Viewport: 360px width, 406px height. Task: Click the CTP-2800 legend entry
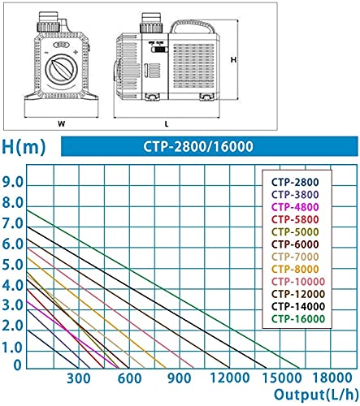tap(295, 182)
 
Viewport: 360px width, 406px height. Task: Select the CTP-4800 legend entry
tap(295, 207)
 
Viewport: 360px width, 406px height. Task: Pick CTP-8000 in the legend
tap(295, 270)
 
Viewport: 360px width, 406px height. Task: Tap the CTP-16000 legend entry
tap(298, 319)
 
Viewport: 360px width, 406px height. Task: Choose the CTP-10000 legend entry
tap(298, 282)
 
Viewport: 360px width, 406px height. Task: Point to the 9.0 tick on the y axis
tap(13, 183)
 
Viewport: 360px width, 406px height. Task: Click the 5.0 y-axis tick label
tap(13, 266)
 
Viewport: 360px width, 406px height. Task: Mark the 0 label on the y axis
tap(17, 365)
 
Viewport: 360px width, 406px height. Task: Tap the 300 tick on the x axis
tap(79, 378)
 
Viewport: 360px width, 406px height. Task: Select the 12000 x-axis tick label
tap(230, 378)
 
